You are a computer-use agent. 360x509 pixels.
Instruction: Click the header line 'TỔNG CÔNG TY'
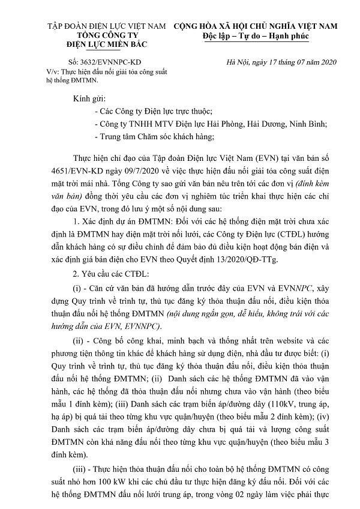(103, 35)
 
